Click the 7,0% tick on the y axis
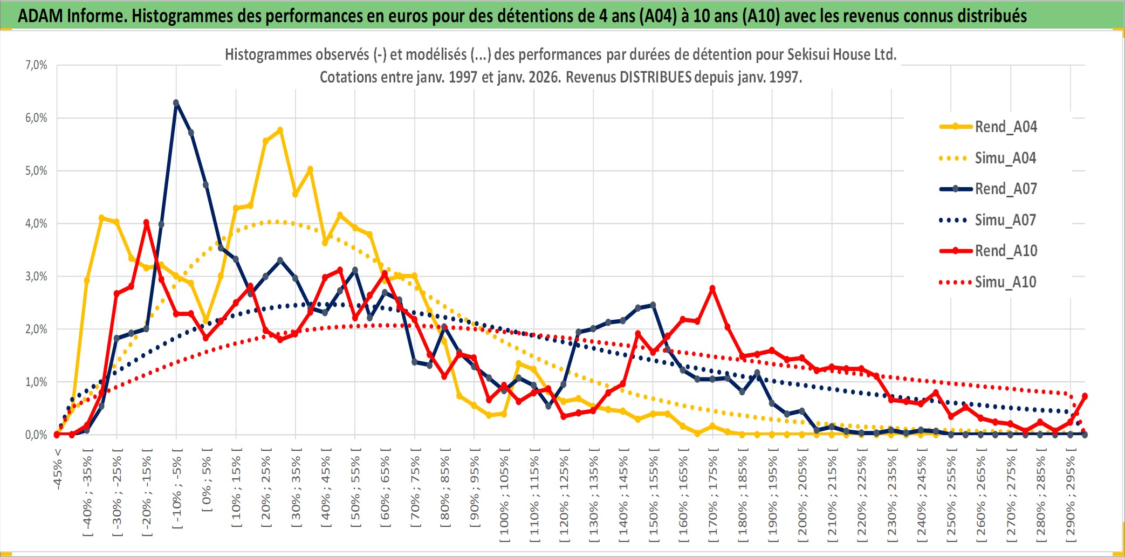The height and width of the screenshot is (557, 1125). [36, 65]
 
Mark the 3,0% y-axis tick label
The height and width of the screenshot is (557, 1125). [36, 277]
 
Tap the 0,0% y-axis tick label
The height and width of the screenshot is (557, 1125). [36, 435]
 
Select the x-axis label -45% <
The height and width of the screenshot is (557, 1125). [58, 469]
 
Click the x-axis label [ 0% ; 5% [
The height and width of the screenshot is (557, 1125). [207, 479]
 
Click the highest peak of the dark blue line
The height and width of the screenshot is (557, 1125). [176, 102]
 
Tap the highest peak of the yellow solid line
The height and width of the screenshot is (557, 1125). [280, 130]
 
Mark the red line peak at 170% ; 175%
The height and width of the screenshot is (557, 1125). [712, 288]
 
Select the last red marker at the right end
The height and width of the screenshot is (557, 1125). [1085, 396]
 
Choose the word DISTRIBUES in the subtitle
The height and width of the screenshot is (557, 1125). [655, 77]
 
